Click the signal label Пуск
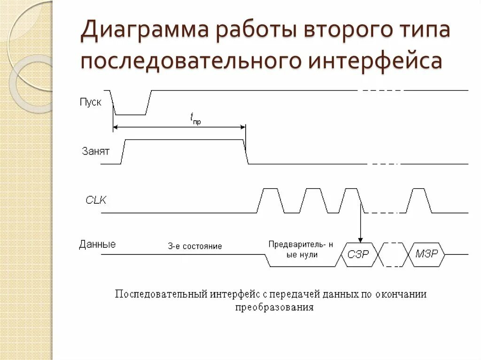click(91, 102)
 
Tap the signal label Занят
click(95, 151)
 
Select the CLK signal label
click(96, 200)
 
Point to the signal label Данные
click(97, 244)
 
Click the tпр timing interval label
click(196, 119)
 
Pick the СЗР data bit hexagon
click(358, 254)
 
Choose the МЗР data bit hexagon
click(427, 254)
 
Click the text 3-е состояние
click(194, 246)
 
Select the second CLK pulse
click(311, 200)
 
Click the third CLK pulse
click(351, 200)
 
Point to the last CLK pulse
click(419, 200)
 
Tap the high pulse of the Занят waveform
click(184, 141)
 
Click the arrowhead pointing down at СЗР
click(360, 239)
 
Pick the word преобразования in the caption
click(274, 308)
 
